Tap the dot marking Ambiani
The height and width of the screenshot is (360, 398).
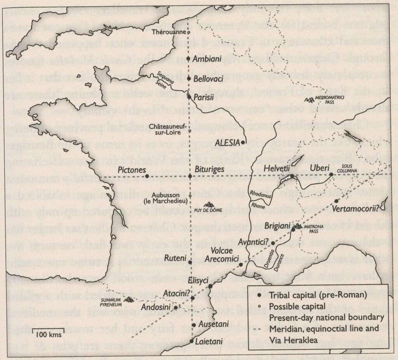click(189, 59)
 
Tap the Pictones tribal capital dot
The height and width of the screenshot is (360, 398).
click(147, 176)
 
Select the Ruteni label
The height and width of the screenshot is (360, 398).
click(173, 257)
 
